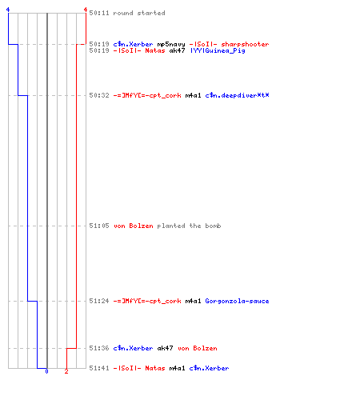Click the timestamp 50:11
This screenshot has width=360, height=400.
click(x=99, y=13)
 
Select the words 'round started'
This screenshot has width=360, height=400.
click(x=139, y=13)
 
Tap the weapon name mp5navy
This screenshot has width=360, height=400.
click(x=171, y=44)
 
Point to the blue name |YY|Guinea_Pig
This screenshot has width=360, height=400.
click(x=218, y=50)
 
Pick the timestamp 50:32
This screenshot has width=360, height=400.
click(x=99, y=95)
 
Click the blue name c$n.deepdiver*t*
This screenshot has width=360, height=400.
click(x=237, y=95)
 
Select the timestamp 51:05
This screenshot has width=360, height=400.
click(x=99, y=226)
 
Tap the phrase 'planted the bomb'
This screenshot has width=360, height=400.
click(x=189, y=226)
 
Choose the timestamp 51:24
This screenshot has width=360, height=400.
click(x=99, y=301)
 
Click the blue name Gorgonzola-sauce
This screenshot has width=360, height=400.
click(x=237, y=301)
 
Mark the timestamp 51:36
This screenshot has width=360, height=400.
click(x=99, y=348)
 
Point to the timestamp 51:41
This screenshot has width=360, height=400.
click(x=99, y=368)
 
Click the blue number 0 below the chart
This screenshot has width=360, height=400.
click(x=46, y=371)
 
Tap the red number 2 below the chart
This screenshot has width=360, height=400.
click(x=66, y=371)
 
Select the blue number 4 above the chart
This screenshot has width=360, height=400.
click(x=8, y=10)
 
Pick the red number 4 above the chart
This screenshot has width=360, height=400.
click(x=86, y=10)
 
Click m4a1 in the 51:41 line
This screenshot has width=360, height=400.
click(x=177, y=368)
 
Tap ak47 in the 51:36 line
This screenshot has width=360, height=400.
click(x=165, y=348)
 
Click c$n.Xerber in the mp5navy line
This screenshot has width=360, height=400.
click(x=133, y=44)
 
